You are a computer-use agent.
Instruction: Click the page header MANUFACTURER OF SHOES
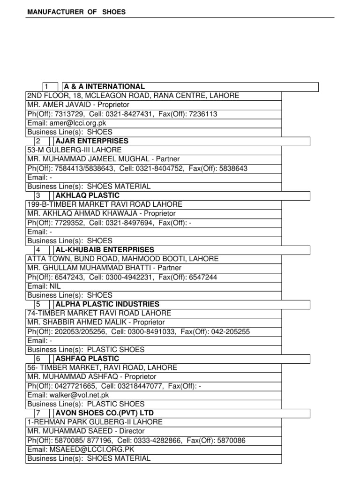pyautogui.click(x=75, y=12)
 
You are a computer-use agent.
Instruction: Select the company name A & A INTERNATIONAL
pyautogui.click(x=105, y=87)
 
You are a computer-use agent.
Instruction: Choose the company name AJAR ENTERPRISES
pyautogui.click(x=92, y=141)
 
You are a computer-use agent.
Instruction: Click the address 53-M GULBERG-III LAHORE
pyautogui.click(x=75, y=150)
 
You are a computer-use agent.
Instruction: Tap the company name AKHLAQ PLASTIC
pyautogui.click(x=88, y=195)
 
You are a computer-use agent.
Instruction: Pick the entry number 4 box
pyautogui.click(x=38, y=250)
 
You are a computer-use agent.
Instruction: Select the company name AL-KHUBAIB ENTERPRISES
pyautogui.click(x=105, y=250)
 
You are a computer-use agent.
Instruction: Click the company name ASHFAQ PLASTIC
pyautogui.click(x=87, y=359)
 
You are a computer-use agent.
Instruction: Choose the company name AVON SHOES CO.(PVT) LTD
pyautogui.click(x=105, y=413)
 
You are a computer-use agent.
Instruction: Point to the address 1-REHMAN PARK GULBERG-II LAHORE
pyautogui.click(x=95, y=422)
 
